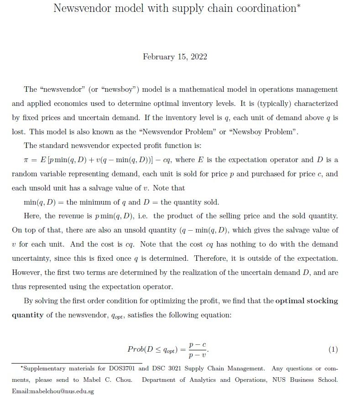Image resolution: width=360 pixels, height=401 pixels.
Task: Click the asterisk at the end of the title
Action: (x=299, y=6)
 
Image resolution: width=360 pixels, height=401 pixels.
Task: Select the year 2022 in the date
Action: (x=198, y=57)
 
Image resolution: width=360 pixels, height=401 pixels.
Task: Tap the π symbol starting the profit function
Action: (x=26, y=160)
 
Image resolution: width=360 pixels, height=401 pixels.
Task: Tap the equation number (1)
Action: (x=333, y=350)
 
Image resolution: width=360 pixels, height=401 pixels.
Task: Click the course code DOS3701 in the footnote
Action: (x=124, y=368)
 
